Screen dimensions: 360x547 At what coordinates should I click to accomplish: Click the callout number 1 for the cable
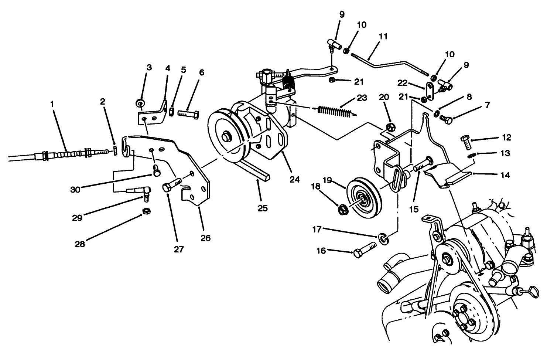(x=52, y=105)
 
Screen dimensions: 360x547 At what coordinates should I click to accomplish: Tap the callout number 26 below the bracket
(x=205, y=238)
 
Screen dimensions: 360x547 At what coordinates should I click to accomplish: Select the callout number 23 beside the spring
(x=362, y=98)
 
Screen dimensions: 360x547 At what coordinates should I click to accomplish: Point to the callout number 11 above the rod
(x=383, y=37)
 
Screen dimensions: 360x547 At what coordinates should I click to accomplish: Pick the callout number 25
(x=262, y=208)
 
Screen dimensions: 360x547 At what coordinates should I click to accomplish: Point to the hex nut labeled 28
(x=146, y=211)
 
